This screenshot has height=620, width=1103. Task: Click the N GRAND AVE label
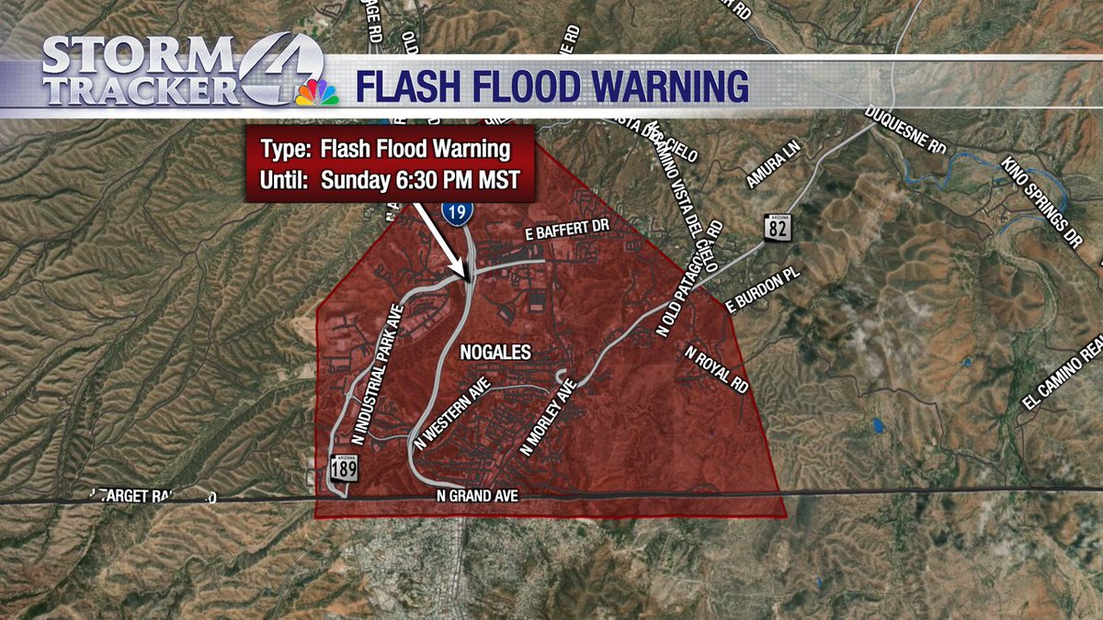tap(478, 496)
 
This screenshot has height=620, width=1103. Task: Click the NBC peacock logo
tap(316, 92)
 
